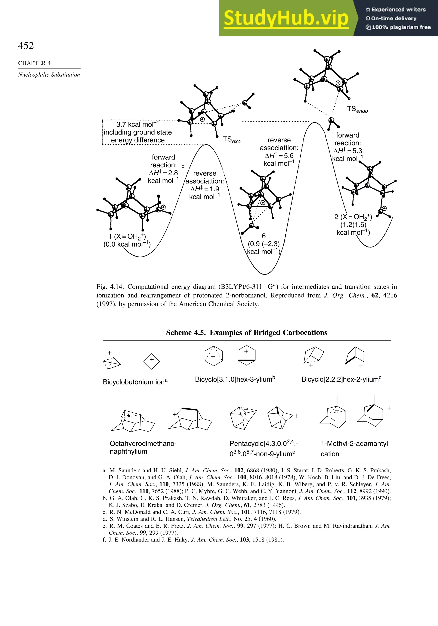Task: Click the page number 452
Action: click(26, 46)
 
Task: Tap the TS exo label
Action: click(231, 140)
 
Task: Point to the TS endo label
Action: click(357, 110)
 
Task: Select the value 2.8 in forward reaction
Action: click(173, 173)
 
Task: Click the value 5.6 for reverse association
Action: click(288, 156)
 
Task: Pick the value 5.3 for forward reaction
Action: click(357, 151)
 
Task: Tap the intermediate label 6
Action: click(263, 236)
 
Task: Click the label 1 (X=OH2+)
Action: click(127, 236)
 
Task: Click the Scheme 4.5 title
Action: click(246, 333)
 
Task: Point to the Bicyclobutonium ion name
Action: click(135, 382)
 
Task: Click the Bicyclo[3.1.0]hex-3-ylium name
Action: click(235, 379)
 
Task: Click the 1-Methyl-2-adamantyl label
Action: click(354, 444)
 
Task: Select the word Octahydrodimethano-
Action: click(143, 444)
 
